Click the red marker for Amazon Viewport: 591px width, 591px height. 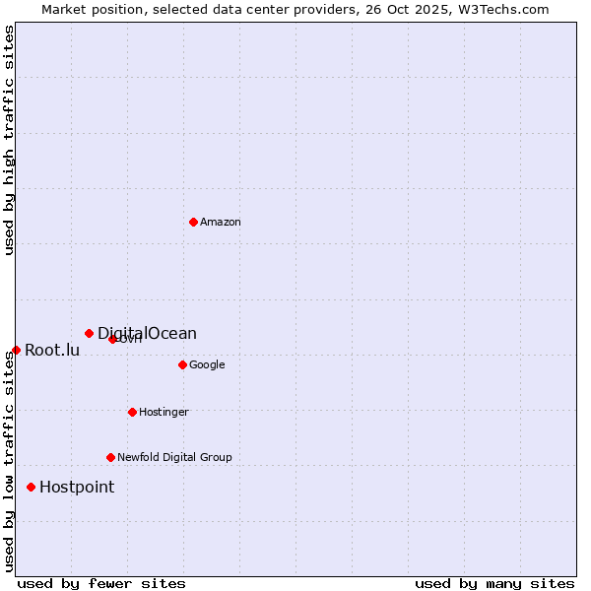193,222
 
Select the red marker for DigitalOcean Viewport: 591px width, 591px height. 89,333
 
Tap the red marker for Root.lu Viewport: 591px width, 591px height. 16,350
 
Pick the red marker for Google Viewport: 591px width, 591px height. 182,364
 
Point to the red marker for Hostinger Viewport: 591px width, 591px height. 132,412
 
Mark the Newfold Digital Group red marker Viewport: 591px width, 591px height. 110,457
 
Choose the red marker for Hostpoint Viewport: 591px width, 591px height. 32,487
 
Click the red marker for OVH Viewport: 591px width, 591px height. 112,339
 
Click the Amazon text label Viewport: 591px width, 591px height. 220,223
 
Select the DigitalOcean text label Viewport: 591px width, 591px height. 147,334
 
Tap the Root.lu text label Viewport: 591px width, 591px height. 52,351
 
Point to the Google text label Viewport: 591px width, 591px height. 207,365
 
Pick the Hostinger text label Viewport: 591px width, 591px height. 164,413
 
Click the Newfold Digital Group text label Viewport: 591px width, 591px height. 174,458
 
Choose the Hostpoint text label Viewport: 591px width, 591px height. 77,488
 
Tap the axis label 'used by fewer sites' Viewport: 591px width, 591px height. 101,583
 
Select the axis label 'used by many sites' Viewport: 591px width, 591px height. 494,583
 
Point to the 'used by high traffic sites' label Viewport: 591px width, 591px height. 10,140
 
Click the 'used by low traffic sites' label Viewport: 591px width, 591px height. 10,460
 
